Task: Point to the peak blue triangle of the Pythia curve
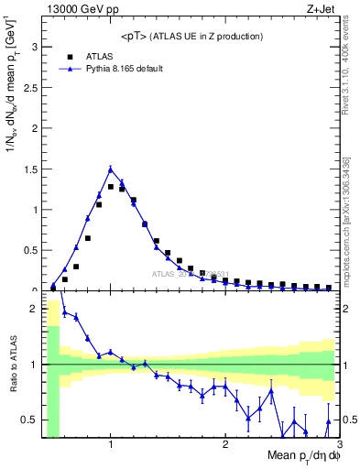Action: coord(110,169)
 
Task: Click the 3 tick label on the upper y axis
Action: coord(33,47)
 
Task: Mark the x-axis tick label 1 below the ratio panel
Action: coord(110,445)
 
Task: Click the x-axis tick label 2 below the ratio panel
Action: coord(224,445)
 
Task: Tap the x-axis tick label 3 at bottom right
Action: coord(338,445)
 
